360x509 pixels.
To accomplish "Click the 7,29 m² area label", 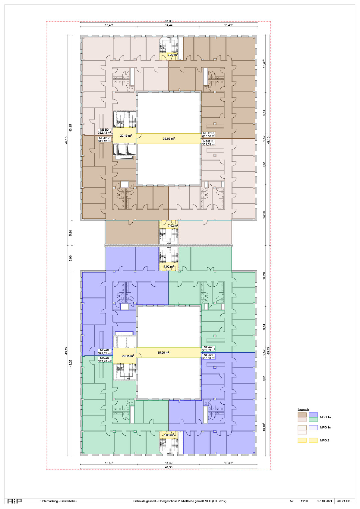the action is pyautogui.click(x=172, y=55).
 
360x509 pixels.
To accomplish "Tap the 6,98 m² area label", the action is pyautogui.click(x=169, y=435).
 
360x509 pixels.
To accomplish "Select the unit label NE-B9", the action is pyautogui.click(x=105, y=130).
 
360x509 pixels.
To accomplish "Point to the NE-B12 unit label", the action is pyautogui.click(x=105, y=138).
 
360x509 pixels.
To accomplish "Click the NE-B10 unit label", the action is pyautogui.click(x=209, y=133).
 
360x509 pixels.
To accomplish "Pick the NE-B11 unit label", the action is pyautogui.click(x=209, y=141).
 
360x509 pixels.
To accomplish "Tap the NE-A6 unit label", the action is pyautogui.click(x=105, y=350).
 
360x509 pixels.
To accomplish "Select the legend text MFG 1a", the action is pyautogui.click(x=325, y=417).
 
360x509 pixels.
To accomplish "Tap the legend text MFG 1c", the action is pyautogui.click(x=325, y=428).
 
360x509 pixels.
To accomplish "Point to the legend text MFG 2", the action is pyautogui.click(x=324, y=441).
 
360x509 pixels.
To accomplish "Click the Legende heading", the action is pyautogui.click(x=303, y=409).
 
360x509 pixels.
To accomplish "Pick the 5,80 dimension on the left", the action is pyautogui.click(x=71, y=233).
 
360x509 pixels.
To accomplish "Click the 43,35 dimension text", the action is pyautogui.click(x=71, y=128).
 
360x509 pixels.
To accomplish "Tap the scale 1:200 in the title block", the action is pyautogui.click(x=304, y=501).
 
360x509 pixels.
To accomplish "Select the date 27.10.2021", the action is pyautogui.click(x=325, y=501).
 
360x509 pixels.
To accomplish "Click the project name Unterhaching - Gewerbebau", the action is pyautogui.click(x=59, y=501).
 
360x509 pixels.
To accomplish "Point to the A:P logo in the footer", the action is pyautogui.click(x=14, y=501).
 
